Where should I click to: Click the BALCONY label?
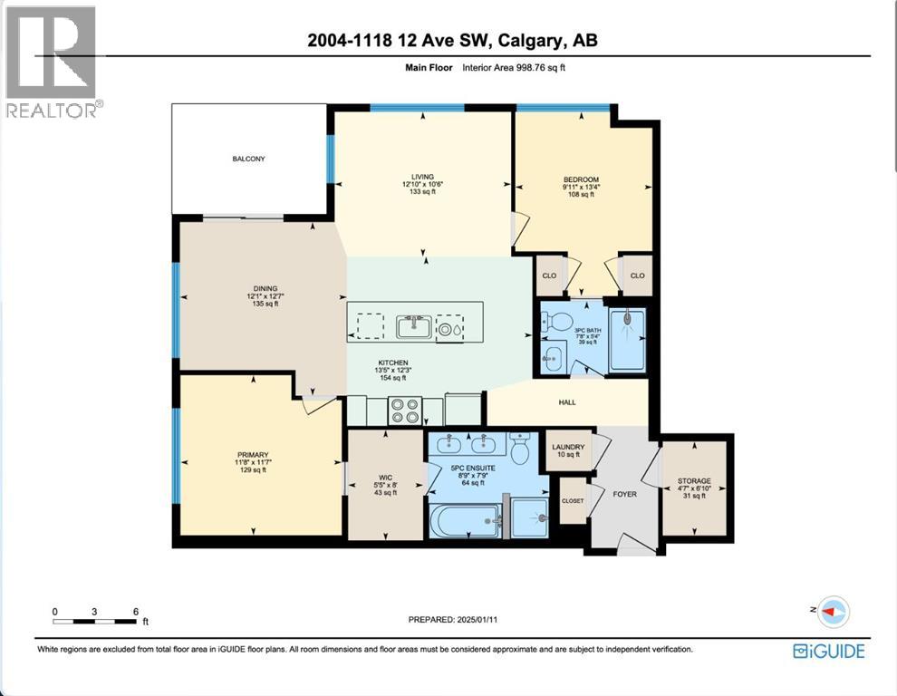pyautogui.click(x=247, y=159)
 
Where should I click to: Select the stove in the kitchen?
pyautogui.click(x=403, y=411)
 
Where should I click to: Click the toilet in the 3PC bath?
pyautogui.click(x=559, y=322)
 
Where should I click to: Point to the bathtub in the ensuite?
pyautogui.click(x=463, y=522)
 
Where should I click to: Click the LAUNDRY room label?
pyautogui.click(x=568, y=447)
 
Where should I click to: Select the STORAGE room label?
pyautogui.click(x=693, y=481)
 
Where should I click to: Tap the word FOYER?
pyautogui.click(x=624, y=495)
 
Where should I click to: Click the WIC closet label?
pyautogui.click(x=386, y=470)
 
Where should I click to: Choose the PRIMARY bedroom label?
pyautogui.click(x=253, y=454)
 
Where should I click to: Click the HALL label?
pyautogui.click(x=567, y=402)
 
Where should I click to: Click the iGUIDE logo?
pyautogui.click(x=828, y=651)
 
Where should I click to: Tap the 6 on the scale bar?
pyautogui.click(x=136, y=612)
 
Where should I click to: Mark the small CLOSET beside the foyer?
pyautogui.click(x=572, y=501)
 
